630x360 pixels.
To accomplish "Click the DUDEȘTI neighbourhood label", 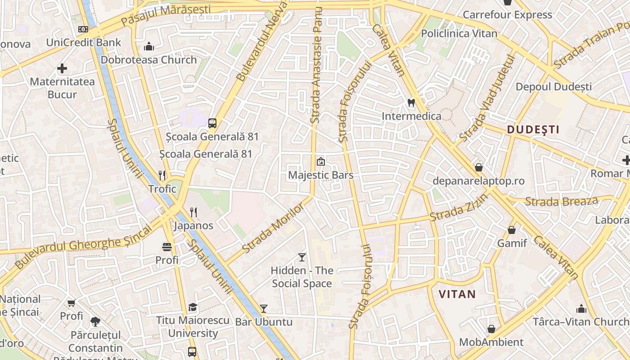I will [x=533, y=130].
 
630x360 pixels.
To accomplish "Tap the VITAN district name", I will [x=457, y=294].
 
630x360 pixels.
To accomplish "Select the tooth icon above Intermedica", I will [x=411, y=103].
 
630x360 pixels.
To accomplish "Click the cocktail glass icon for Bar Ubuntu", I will [x=264, y=309].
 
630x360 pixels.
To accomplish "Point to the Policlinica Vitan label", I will [x=459, y=33].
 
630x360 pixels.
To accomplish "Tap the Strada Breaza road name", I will [x=562, y=201].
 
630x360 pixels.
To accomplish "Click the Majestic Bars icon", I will [x=320, y=161].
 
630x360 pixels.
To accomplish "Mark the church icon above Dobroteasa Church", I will [x=149, y=46].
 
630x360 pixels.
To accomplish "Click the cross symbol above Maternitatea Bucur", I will [x=62, y=68].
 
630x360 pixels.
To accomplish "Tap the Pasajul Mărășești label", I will [x=166, y=14].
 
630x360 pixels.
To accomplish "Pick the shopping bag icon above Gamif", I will [x=512, y=230].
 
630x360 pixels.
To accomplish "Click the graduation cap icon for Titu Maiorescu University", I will [x=193, y=307].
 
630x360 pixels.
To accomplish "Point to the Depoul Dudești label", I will [x=553, y=86].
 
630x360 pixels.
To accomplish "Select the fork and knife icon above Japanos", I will [x=193, y=212].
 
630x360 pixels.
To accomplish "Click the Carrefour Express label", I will [x=507, y=14].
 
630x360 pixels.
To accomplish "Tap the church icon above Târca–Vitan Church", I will [x=581, y=309].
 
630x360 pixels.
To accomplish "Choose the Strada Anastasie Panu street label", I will [x=317, y=65].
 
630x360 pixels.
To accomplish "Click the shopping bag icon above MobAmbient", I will [x=491, y=329].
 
